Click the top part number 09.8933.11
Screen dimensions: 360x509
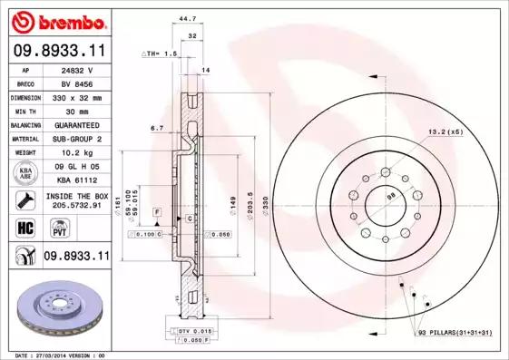58,51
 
